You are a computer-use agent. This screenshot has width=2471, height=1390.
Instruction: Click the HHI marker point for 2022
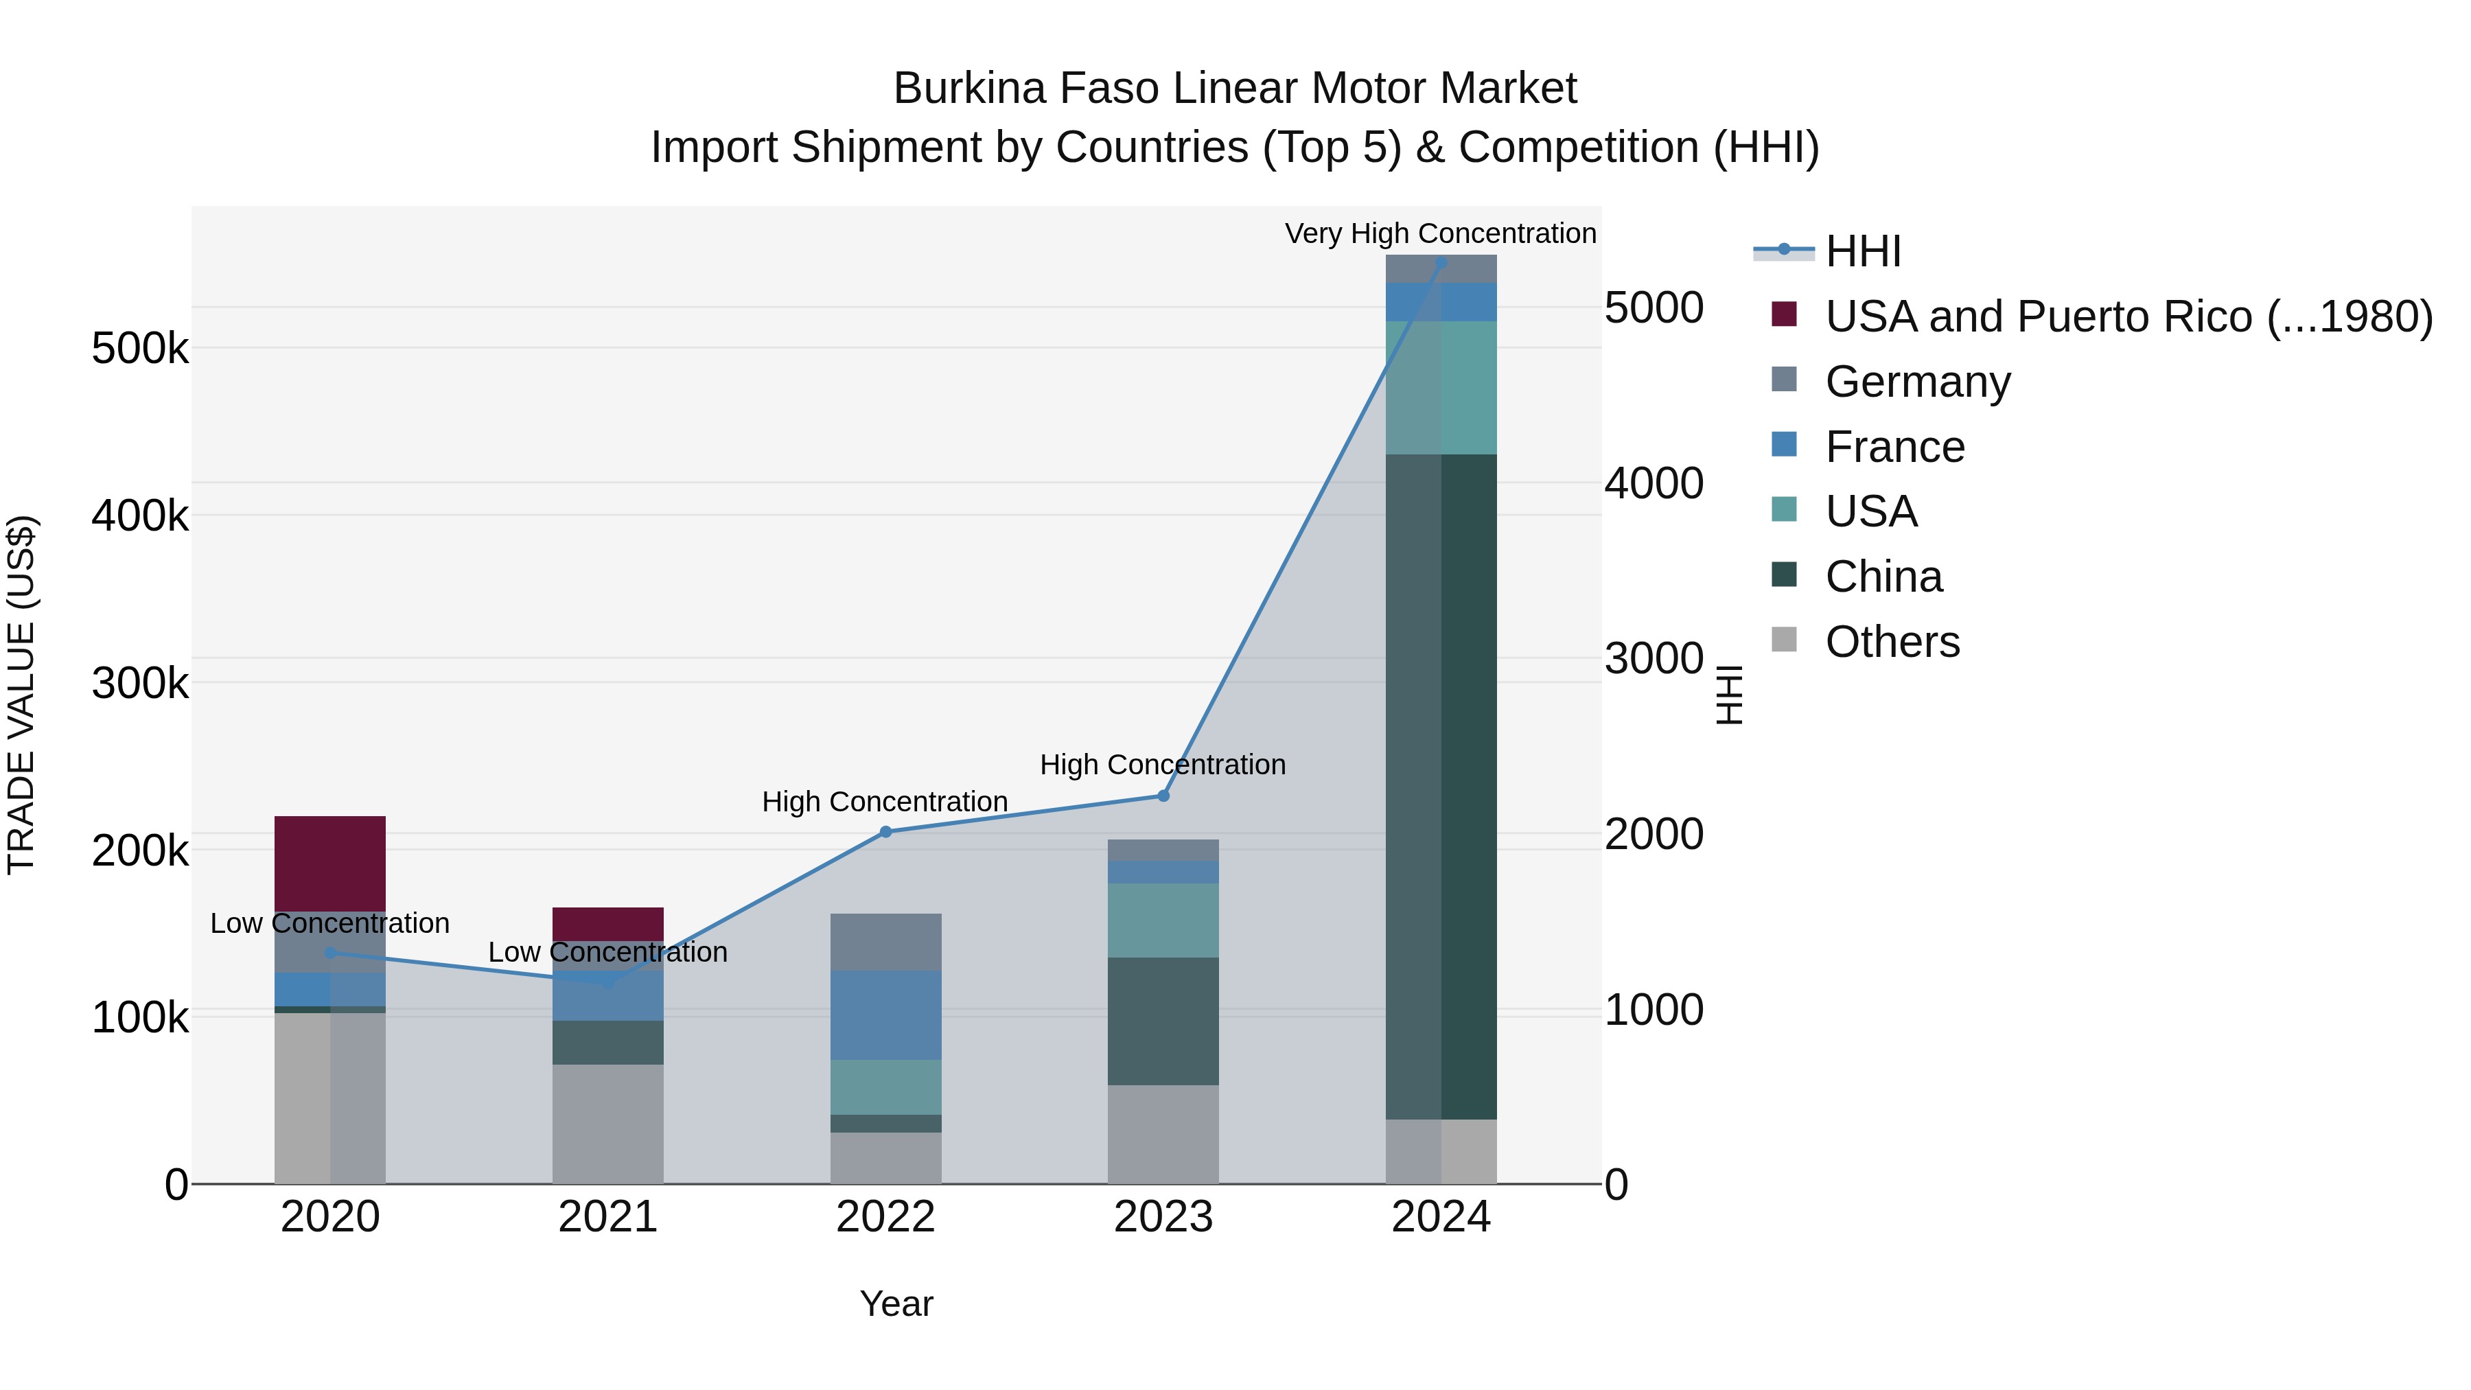pyautogui.click(x=885, y=832)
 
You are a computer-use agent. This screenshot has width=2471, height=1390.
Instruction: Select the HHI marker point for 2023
pyautogui.click(x=1163, y=796)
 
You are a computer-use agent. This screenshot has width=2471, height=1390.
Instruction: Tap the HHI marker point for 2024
pyautogui.click(x=1441, y=262)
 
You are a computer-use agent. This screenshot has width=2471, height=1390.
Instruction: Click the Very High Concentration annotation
pyautogui.click(x=1440, y=233)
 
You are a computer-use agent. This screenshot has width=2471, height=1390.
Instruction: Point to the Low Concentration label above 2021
pyautogui.click(x=607, y=951)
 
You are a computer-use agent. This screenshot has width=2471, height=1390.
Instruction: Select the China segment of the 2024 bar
pyautogui.click(x=1441, y=787)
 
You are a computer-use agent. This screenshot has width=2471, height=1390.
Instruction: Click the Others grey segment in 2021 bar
pyautogui.click(x=607, y=1122)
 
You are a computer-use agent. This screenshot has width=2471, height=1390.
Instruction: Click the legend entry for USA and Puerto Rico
pyautogui.click(x=2128, y=316)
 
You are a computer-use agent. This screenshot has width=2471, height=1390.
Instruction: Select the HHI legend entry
pyautogui.click(x=1862, y=251)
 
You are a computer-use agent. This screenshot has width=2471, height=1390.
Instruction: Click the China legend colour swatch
pyautogui.click(x=1783, y=575)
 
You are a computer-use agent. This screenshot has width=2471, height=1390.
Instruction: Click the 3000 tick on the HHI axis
pyautogui.click(x=1653, y=658)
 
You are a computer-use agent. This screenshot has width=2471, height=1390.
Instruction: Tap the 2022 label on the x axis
pyautogui.click(x=885, y=1217)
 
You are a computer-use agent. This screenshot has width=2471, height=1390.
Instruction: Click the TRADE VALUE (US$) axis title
pyautogui.click(x=21, y=695)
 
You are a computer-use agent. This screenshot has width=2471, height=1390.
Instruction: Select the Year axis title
pyautogui.click(x=896, y=1304)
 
